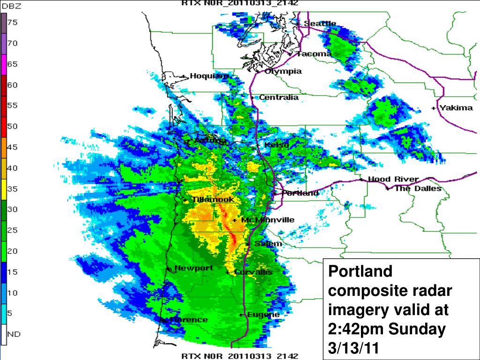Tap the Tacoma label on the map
click(314, 54)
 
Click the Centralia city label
click(278, 97)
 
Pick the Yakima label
click(456, 108)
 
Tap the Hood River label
click(393, 179)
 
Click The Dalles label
click(418, 188)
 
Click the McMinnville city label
click(267, 220)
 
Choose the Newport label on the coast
click(194, 269)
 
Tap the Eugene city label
click(263, 315)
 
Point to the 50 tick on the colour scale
click(12, 126)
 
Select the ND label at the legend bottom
click(14, 334)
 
